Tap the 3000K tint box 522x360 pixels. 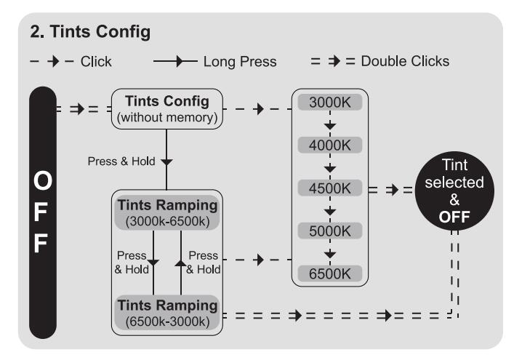click(330, 103)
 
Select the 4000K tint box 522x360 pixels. click(330, 145)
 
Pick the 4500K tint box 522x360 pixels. click(330, 188)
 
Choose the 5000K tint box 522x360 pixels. click(330, 231)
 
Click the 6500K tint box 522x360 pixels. click(330, 273)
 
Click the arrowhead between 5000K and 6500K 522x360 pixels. click(330, 253)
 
